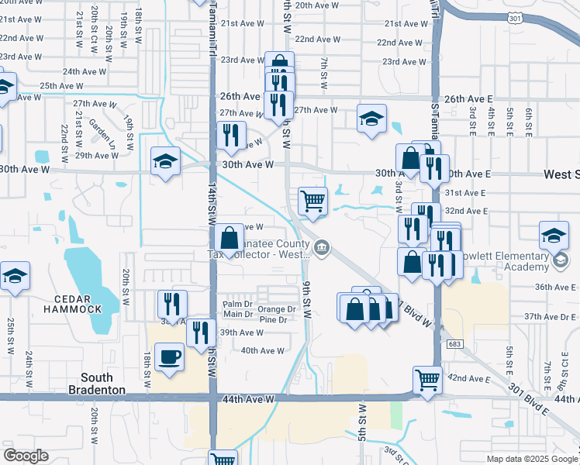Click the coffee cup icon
coord(170,357)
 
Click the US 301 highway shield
coord(513,17)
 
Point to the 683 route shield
coord(453,343)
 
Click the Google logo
coord(26,456)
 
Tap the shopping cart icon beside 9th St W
coord(312,200)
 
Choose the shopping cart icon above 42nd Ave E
coord(427,380)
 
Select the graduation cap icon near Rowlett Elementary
coord(554,236)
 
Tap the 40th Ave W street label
coord(263,351)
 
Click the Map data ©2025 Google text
coord(531,459)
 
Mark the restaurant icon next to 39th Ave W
coord(201,332)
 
